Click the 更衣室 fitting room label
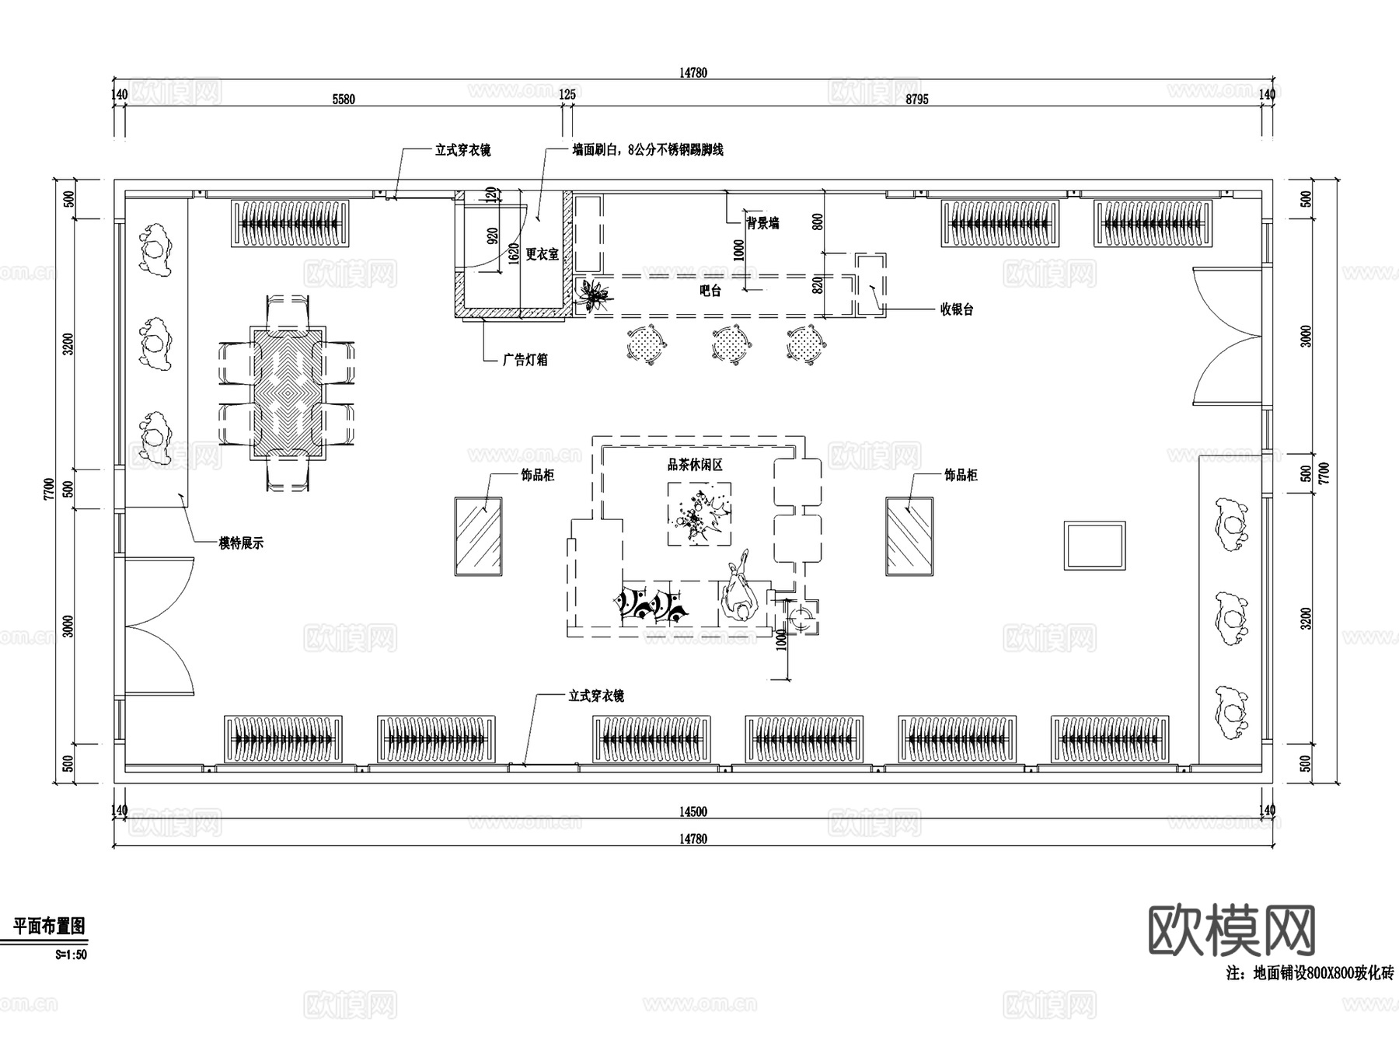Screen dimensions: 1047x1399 click(x=543, y=254)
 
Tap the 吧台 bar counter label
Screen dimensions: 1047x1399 click(x=710, y=291)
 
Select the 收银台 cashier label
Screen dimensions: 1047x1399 click(x=957, y=309)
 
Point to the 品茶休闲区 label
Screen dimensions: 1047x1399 click(x=696, y=465)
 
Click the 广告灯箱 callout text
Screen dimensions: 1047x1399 click(x=525, y=360)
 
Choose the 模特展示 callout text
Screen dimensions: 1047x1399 click(x=241, y=543)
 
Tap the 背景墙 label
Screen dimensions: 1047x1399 click(x=762, y=224)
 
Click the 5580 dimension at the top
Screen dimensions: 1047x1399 click(x=344, y=99)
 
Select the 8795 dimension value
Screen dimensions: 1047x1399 click(x=917, y=99)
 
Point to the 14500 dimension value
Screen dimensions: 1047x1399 click(x=693, y=812)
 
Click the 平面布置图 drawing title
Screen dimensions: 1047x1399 click(x=49, y=926)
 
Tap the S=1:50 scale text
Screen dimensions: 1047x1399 click(x=71, y=955)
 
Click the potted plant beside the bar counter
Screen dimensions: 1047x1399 click(x=595, y=295)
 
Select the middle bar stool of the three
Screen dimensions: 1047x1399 click(x=731, y=343)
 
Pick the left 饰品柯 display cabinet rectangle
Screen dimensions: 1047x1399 click(x=478, y=536)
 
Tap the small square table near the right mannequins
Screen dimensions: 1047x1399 click(x=1094, y=546)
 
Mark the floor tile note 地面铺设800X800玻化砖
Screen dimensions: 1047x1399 click(x=1310, y=973)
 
